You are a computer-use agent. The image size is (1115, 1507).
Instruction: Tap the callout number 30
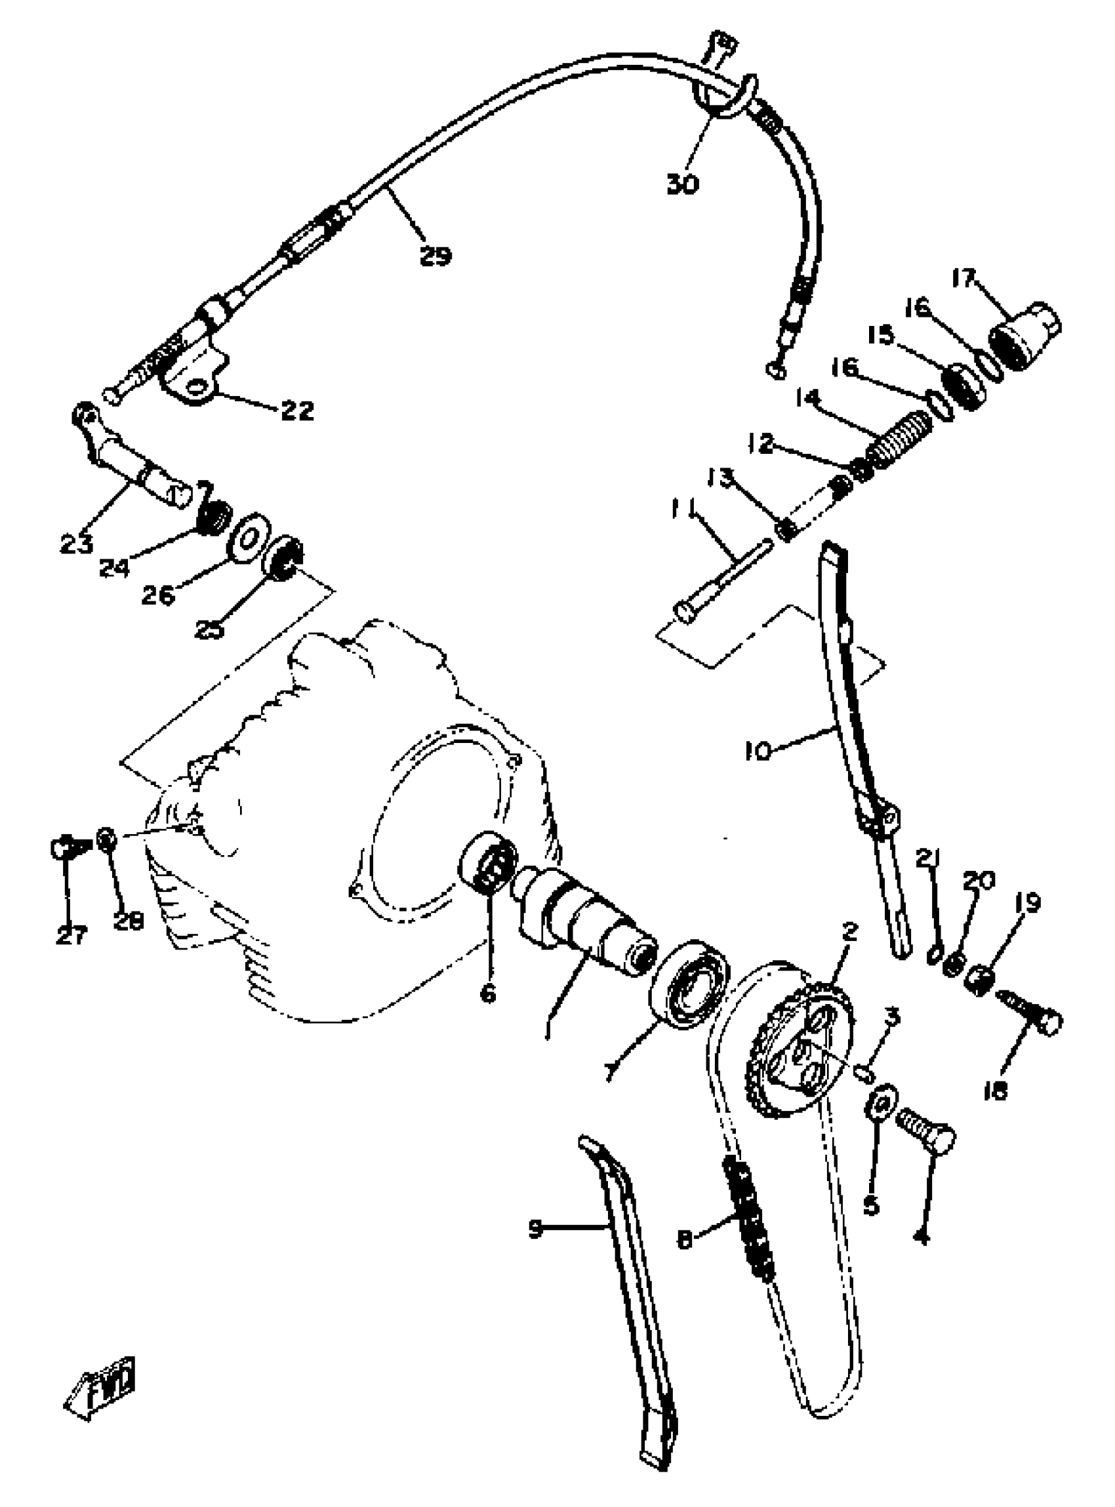coord(682,184)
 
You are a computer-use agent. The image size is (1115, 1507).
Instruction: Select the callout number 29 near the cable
coord(435,256)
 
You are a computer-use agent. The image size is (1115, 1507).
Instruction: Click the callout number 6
coord(487,993)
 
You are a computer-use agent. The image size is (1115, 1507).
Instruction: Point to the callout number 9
coord(535,1230)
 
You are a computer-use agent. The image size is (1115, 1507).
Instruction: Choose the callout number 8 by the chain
coord(685,1241)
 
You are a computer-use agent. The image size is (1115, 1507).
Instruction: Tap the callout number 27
coord(71,935)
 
